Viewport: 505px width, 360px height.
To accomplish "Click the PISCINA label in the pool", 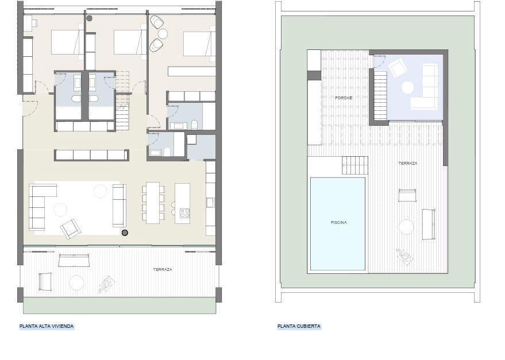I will pyautogui.click(x=338, y=222).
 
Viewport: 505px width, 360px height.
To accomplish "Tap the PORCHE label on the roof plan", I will pyautogui.click(x=344, y=98).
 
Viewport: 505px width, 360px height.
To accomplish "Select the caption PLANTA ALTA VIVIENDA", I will pyautogui.click(x=47, y=326).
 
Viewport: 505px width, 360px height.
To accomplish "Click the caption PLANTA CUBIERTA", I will pyautogui.click(x=299, y=326).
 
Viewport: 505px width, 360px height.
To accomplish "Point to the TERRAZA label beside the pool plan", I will pyautogui.click(x=407, y=163).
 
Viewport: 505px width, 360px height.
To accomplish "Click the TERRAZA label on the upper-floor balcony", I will pyautogui.click(x=163, y=269).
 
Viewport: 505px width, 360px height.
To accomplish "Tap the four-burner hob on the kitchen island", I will pyautogui.click(x=185, y=212).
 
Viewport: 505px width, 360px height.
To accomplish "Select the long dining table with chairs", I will pyautogui.click(x=153, y=203).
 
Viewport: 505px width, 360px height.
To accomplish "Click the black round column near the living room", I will pyautogui.click(x=125, y=233).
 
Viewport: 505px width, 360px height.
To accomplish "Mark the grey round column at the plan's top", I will pyautogui.click(x=89, y=18).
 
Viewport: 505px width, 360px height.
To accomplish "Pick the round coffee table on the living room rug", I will pyautogui.click(x=60, y=210).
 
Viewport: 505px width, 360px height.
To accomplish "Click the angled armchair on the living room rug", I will pyautogui.click(x=71, y=229).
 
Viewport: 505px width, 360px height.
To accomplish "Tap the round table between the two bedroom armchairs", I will pyautogui.click(x=163, y=34).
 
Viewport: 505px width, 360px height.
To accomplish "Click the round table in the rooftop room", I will pyautogui.click(x=407, y=87).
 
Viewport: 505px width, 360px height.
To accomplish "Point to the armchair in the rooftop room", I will pyautogui.click(x=398, y=68).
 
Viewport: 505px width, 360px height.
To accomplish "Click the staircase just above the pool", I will pyautogui.click(x=354, y=165).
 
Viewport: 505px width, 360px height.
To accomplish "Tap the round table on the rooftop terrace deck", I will pyautogui.click(x=406, y=227).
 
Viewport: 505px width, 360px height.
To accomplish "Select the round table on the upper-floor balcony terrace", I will pyautogui.click(x=76, y=282).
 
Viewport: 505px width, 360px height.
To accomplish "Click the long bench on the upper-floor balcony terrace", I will pyautogui.click(x=74, y=261).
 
